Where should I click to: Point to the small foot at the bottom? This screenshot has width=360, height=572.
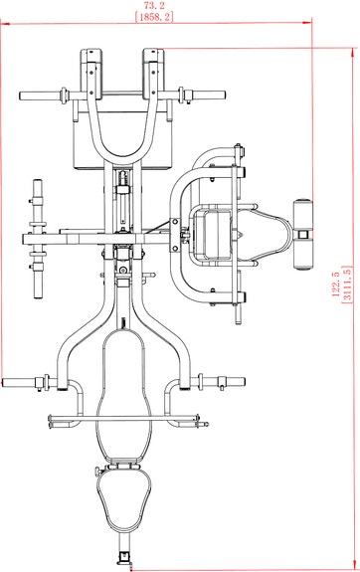coord(124,558)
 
